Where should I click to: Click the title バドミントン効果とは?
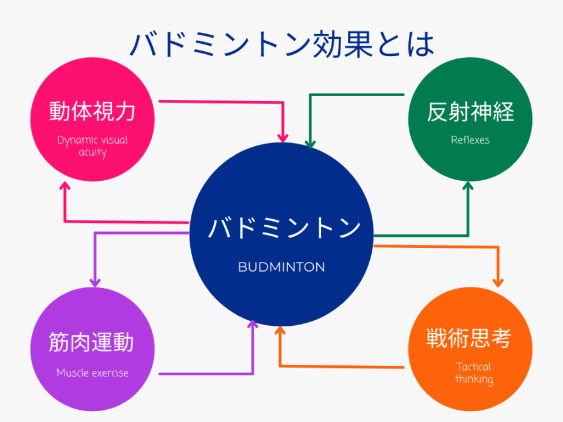coord(282,45)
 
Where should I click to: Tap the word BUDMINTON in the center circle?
coord(281,267)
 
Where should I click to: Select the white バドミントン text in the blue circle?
coord(284,228)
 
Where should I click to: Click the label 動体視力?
coord(92,111)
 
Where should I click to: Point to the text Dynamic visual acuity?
coord(92,146)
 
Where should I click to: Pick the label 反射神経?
coord(470,111)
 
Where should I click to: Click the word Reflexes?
coord(470,140)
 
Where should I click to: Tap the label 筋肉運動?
coord(91,342)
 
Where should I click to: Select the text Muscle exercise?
coord(93,373)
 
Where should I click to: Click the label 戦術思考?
coord(469,338)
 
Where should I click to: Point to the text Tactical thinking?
coord(474,373)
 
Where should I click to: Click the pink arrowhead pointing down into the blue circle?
coord(283,138)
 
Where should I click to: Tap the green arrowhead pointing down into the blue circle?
coord(310,144)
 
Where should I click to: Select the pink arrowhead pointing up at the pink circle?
coord(65,186)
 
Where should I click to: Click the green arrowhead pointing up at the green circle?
coord(468,186)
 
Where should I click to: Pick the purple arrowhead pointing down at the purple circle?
coord(95,283)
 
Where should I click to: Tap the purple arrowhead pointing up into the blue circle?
coord(253,324)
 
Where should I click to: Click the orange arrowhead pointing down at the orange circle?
coord(498,283)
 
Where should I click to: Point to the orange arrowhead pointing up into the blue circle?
coord(280,331)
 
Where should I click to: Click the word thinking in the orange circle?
coord(474,379)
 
